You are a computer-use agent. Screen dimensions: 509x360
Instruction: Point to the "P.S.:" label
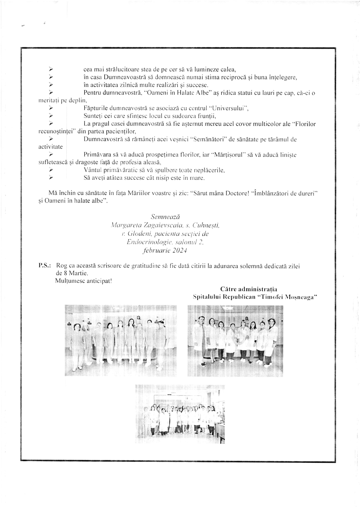click(45, 266)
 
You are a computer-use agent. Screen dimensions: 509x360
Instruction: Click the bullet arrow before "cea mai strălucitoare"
click(51, 70)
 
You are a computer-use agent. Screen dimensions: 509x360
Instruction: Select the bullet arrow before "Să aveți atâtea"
click(51, 178)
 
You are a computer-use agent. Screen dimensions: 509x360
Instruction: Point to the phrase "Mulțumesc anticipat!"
click(83, 281)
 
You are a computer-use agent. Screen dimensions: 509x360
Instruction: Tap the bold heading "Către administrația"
click(249, 289)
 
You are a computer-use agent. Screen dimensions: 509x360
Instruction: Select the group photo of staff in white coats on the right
click(235, 341)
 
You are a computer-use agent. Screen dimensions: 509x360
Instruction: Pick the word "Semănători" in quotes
click(208, 139)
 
